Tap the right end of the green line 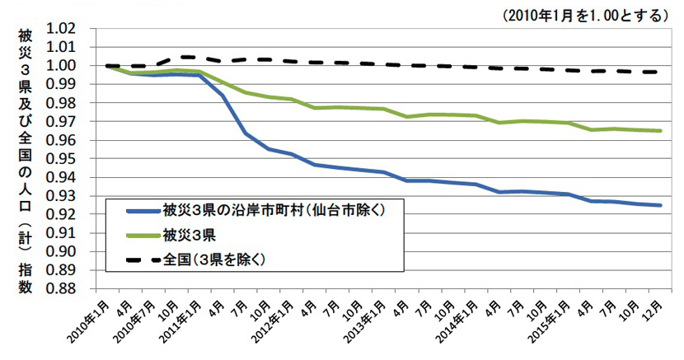[x=661, y=130]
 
